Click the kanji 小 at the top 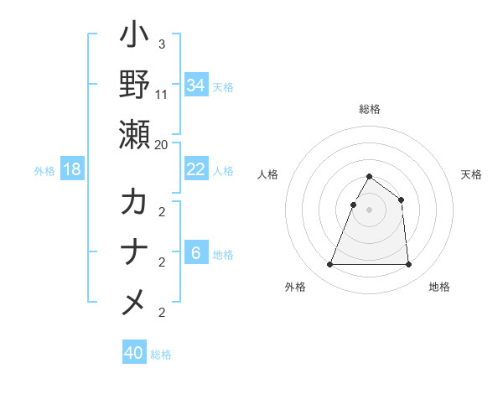134,37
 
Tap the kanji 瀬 134,133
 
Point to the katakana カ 134,204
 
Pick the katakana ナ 134,252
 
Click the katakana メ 134,302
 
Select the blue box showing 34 196,85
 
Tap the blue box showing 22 196,169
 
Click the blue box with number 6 195,253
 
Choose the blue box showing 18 72,169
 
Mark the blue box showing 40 134,353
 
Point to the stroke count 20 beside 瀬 161,144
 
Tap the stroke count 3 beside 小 161,44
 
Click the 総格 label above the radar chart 370,109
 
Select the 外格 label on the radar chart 295,287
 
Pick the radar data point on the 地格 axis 408,265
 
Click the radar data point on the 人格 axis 354,205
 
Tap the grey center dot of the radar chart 370,210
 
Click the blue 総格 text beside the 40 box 161,355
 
